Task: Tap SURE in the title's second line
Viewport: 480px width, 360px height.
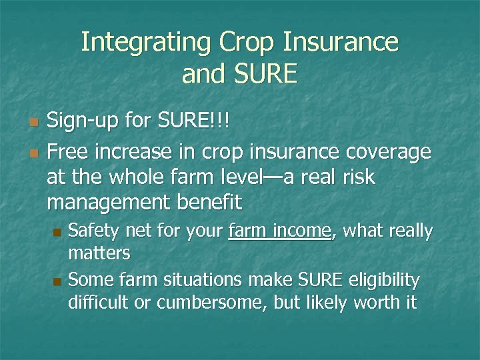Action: [264, 73]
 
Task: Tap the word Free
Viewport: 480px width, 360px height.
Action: [70, 153]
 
